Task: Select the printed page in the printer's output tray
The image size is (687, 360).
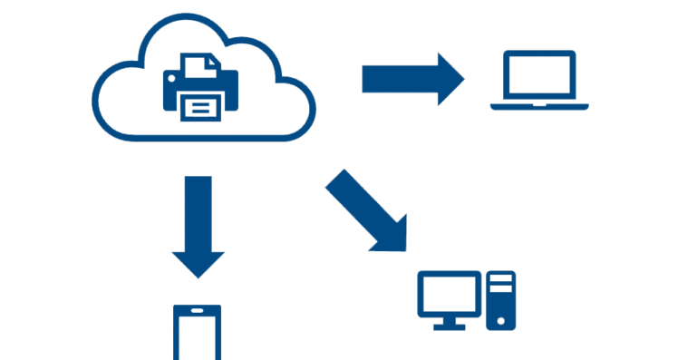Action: (201, 108)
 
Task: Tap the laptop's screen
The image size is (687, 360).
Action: (539, 77)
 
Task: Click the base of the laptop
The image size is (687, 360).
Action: (539, 106)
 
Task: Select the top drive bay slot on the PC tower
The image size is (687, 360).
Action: (500, 280)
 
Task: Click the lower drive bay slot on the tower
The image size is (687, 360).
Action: (500, 292)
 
